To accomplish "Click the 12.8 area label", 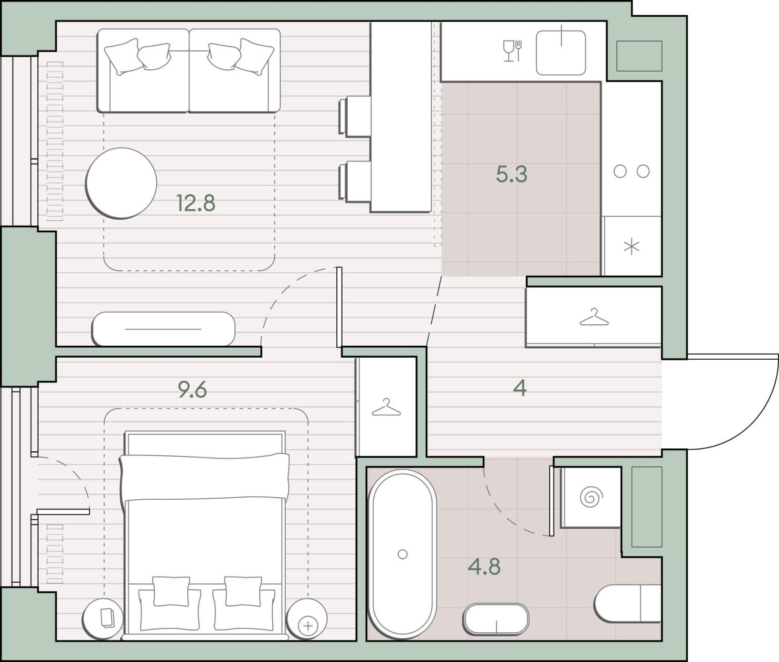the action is click(x=196, y=203).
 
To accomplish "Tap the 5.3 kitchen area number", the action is click(x=512, y=174).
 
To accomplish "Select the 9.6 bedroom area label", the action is click(x=192, y=390).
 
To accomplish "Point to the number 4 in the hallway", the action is click(x=520, y=388).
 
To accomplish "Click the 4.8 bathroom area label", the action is click(x=484, y=566).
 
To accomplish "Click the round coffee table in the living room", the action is click(x=121, y=183).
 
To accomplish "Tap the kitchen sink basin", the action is click(x=561, y=53).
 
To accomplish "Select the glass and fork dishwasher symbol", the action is click(x=512, y=51).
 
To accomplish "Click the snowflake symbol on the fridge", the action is click(x=631, y=247).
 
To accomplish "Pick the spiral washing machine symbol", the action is click(x=590, y=497).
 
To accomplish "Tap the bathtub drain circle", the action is click(x=403, y=554).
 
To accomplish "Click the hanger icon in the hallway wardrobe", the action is click(x=594, y=318).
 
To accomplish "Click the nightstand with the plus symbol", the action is click(x=307, y=619).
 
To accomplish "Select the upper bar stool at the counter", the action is click(x=355, y=117).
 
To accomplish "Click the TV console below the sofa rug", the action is click(x=163, y=329).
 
